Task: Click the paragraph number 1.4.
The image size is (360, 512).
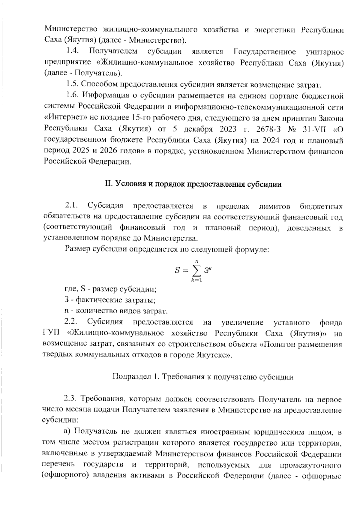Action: pos(72,51)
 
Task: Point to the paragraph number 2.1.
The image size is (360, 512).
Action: pos(71,206)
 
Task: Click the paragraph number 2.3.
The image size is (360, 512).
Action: pos(71,399)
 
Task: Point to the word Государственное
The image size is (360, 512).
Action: pos(264,51)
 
